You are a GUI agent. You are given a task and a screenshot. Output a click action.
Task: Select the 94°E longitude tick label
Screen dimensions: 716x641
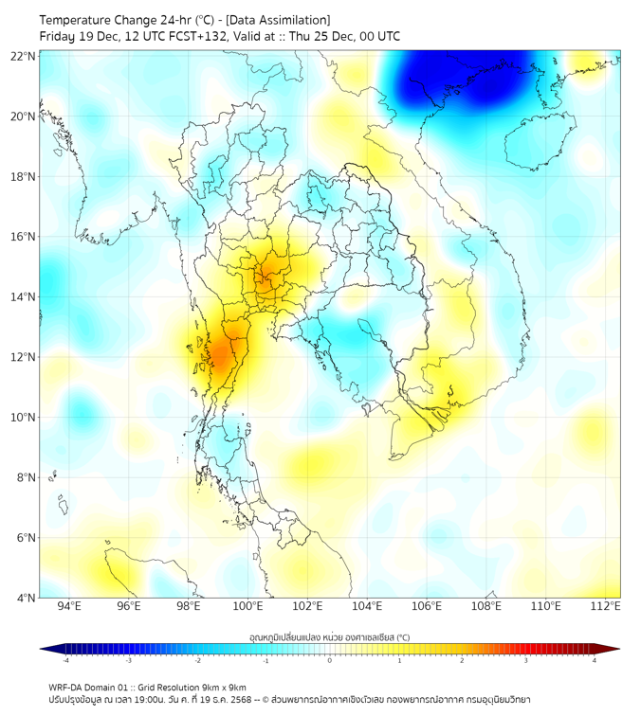(x=69, y=607)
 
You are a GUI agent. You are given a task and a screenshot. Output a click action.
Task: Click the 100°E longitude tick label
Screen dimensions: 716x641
(x=248, y=607)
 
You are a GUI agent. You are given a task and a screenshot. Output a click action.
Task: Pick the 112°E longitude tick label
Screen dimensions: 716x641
(x=606, y=607)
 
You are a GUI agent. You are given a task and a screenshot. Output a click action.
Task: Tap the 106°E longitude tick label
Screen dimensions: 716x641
(x=427, y=607)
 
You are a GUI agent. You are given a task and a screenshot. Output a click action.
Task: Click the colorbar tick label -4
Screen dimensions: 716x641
(x=64, y=660)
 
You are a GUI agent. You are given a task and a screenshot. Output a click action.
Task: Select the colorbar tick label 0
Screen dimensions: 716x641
(x=330, y=660)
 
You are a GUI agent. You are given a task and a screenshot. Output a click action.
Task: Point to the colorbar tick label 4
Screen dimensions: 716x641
(x=595, y=660)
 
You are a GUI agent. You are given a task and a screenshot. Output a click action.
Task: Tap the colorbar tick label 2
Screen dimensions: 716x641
(x=463, y=660)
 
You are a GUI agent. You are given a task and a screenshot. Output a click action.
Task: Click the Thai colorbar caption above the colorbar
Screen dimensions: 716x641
(x=329, y=636)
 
